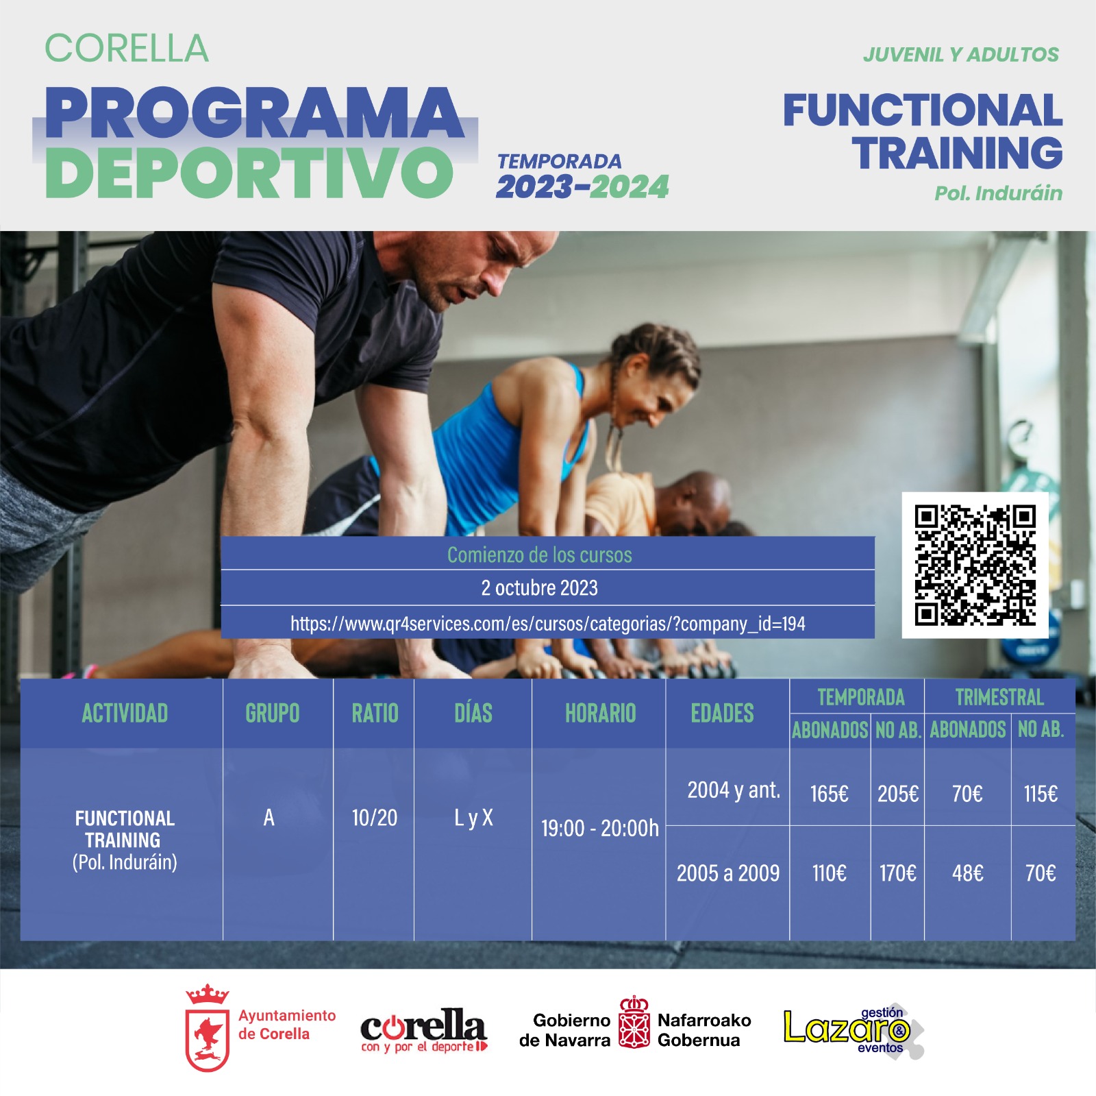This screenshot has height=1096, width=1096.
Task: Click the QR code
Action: tap(975, 565)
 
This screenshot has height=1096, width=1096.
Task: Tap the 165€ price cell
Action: tap(829, 794)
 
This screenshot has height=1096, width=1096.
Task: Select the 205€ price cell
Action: tap(898, 794)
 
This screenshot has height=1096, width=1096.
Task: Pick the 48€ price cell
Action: tap(967, 873)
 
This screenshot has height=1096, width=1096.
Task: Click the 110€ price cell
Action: tap(829, 873)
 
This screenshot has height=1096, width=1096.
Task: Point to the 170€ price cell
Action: tap(898, 873)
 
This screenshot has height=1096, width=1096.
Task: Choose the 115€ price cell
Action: tap(1041, 794)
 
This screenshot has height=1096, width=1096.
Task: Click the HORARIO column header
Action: tap(600, 714)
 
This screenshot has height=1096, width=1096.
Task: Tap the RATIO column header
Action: tap(375, 714)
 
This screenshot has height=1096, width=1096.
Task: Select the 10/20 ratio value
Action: tap(374, 817)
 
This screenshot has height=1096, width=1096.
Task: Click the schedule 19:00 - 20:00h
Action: tap(599, 828)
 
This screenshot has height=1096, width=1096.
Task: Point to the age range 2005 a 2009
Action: tap(728, 873)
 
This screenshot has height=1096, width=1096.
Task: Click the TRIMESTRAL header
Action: tap(999, 697)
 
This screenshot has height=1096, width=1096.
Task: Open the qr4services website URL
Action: tap(547, 623)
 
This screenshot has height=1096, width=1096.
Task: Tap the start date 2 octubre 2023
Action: tap(539, 587)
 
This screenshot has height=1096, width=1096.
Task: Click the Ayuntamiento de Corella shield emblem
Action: tap(207, 1028)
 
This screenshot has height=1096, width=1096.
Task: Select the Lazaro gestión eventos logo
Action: tap(854, 1030)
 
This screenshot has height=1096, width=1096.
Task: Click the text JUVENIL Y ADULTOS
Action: tap(960, 55)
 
